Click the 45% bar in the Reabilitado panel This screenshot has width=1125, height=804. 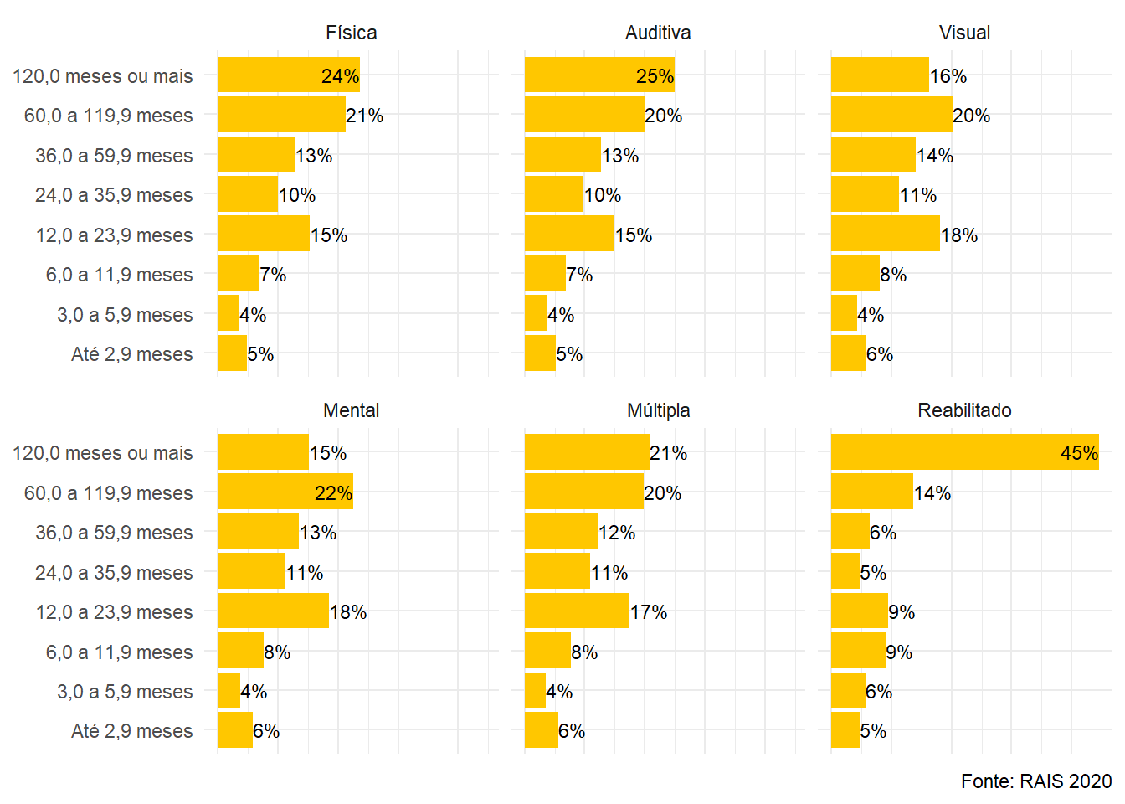[x=963, y=452]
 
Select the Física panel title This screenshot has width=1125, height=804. [x=351, y=33]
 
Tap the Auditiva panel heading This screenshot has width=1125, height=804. [x=658, y=33]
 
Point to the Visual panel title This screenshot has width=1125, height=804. [x=964, y=33]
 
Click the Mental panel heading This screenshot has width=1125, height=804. [x=351, y=410]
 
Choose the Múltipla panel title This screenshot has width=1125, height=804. [x=658, y=410]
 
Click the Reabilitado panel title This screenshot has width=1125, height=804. [x=964, y=410]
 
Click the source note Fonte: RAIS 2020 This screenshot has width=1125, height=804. [x=1035, y=781]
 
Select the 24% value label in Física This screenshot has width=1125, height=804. [x=340, y=76]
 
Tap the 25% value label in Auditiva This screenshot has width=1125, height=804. [x=655, y=76]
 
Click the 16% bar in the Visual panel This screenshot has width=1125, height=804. [x=879, y=75]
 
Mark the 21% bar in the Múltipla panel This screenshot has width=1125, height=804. [x=586, y=452]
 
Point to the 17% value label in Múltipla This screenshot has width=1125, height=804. [x=649, y=612]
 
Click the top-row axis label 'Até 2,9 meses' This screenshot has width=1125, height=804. [x=131, y=354]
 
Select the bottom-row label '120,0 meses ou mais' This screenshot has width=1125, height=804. [x=102, y=453]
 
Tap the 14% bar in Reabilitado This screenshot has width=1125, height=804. [x=871, y=492]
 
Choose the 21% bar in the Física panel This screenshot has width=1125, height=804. [x=281, y=115]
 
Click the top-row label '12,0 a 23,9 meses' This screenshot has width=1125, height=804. [x=114, y=235]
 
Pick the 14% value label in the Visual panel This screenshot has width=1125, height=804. [x=935, y=156]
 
